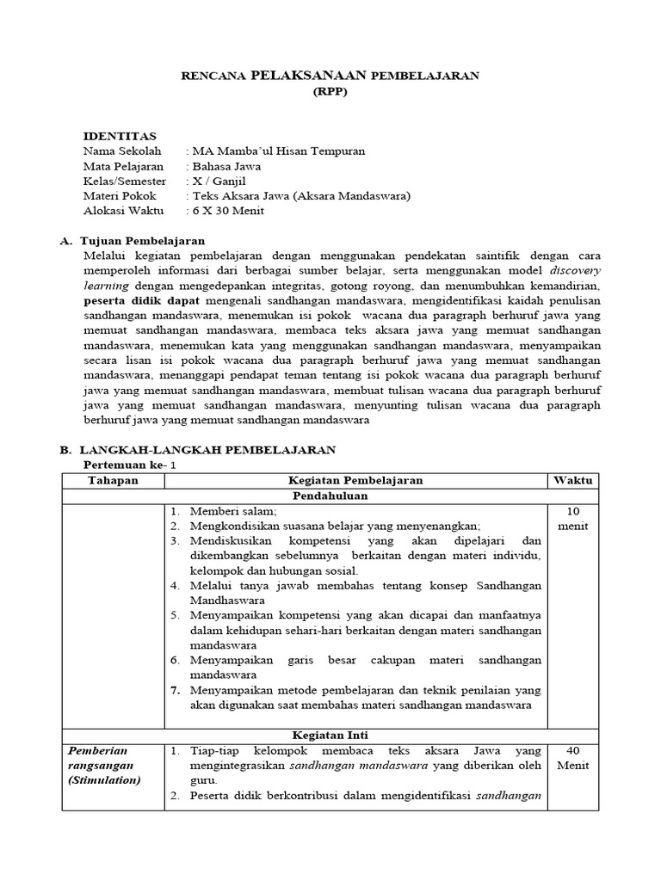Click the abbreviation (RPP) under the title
tap(330, 93)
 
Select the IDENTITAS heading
tap(119, 136)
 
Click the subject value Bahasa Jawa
tap(227, 166)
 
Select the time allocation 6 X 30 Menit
tap(229, 211)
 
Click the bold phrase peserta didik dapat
tap(141, 300)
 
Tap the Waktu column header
tap(572, 480)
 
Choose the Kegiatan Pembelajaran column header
tap(355, 480)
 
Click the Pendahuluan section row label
tap(330, 496)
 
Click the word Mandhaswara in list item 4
tap(227, 601)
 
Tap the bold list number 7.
tap(174, 690)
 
